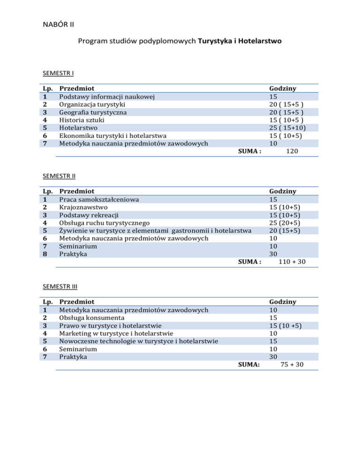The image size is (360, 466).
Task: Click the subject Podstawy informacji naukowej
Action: [107, 97]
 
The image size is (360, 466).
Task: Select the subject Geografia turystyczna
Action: [92, 113]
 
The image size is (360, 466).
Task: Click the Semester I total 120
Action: [293, 151]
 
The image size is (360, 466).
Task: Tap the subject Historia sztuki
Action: [82, 120]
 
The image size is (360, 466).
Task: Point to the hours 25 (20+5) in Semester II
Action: [285, 223]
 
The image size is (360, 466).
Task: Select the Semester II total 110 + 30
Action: [292, 262]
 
